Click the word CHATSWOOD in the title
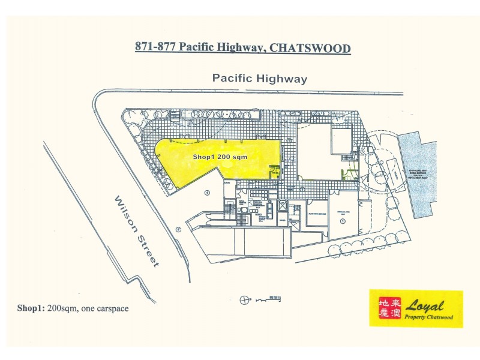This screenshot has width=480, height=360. pyautogui.click(x=310, y=48)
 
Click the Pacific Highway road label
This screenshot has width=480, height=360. pyautogui.click(x=259, y=79)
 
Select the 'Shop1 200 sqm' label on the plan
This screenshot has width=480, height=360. pyautogui.click(x=220, y=156)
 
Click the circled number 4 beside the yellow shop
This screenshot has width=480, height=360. pyautogui.click(x=206, y=193)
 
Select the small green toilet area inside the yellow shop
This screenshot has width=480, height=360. pyautogui.click(x=275, y=171)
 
